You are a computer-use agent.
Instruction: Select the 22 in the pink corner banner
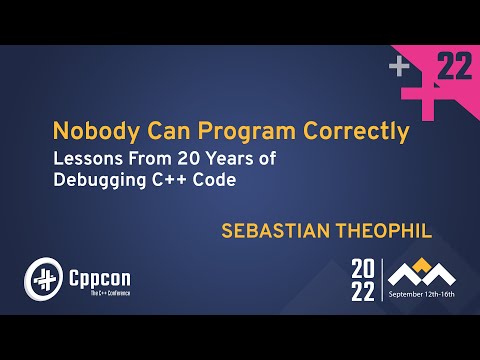454,68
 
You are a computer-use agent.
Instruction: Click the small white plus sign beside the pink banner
399,67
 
